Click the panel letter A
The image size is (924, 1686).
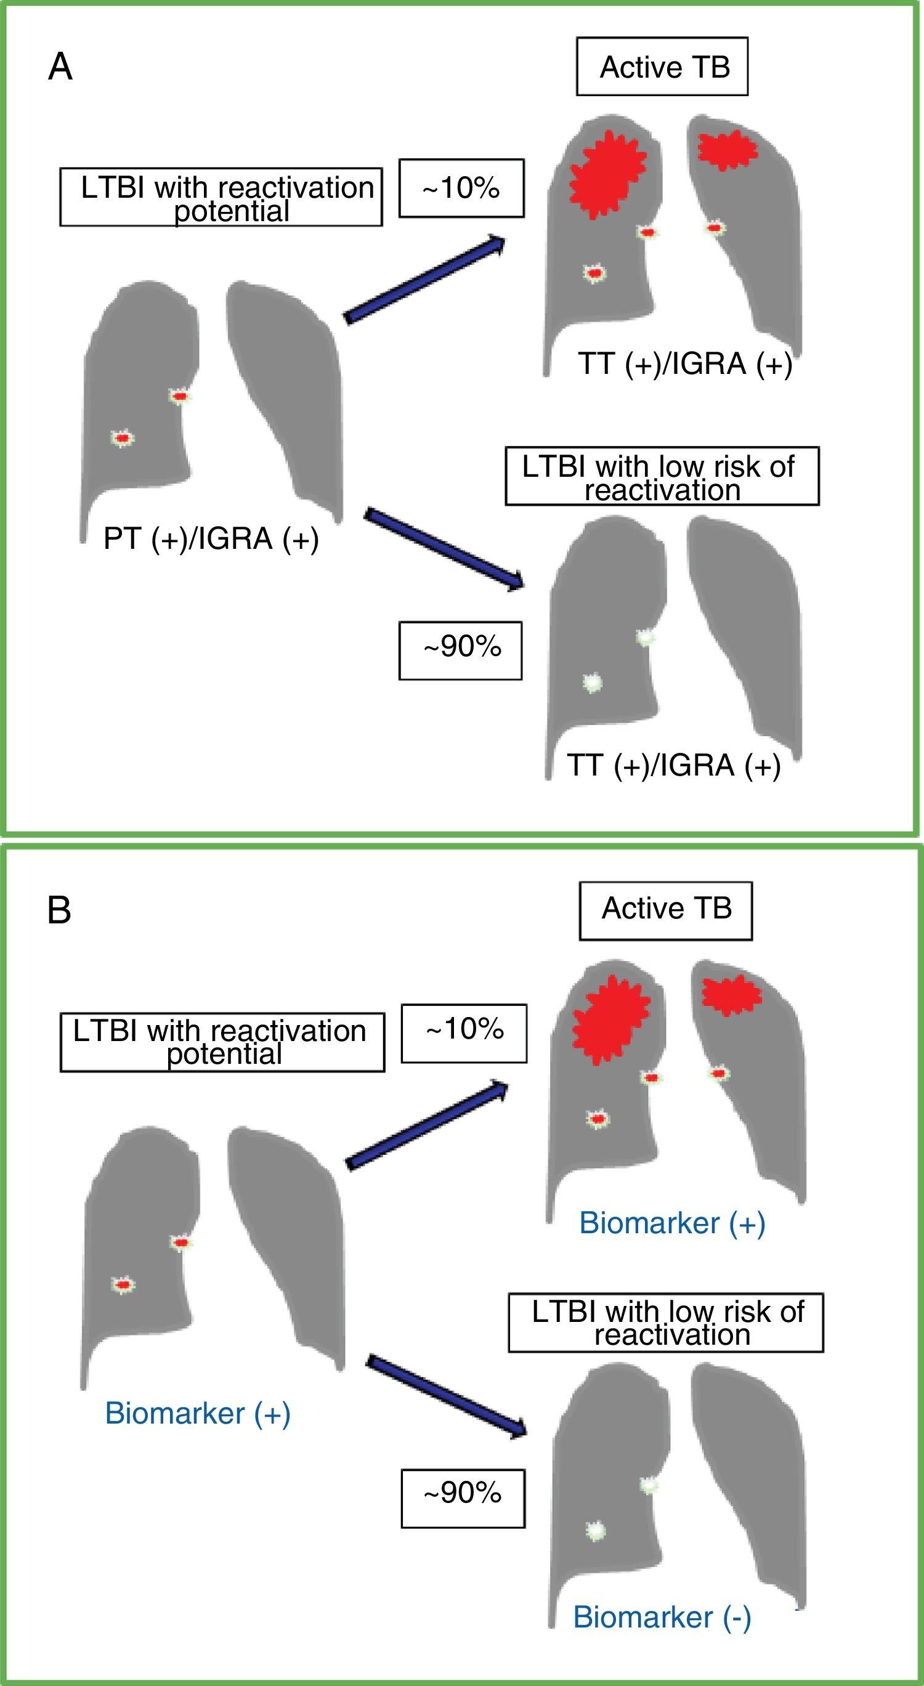60,67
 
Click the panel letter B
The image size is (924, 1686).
60,910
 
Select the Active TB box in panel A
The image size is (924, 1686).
662,67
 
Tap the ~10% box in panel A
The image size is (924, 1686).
461,188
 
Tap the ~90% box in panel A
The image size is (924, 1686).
461,650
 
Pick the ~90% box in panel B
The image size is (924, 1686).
463,1493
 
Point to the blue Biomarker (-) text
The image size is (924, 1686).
662,1616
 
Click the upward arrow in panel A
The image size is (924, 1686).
424,281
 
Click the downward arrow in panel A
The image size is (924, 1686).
444,549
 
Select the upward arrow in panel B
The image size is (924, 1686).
427,1125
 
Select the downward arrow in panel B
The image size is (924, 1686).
447,1396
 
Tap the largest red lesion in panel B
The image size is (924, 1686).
610,1019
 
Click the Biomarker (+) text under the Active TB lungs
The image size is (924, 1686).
672,1223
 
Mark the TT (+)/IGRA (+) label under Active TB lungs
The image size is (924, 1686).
684,364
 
